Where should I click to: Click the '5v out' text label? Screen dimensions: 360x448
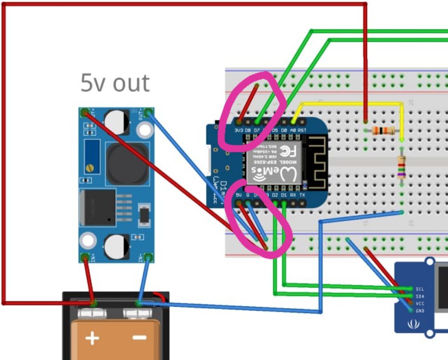[115, 83]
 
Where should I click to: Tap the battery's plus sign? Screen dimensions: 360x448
[92, 338]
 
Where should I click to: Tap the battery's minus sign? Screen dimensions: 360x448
[139, 338]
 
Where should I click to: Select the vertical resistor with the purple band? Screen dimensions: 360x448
[401, 168]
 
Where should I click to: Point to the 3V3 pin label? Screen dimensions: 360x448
[239, 130]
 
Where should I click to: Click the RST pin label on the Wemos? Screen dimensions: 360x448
[302, 130]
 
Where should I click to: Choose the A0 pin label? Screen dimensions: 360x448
[293, 130]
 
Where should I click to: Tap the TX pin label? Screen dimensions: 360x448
[302, 195]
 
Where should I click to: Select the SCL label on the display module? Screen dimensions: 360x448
[419, 289]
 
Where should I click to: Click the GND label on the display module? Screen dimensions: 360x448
[419, 311]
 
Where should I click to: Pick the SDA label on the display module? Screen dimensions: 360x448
[419, 296]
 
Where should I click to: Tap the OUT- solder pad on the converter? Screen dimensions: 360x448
[148, 113]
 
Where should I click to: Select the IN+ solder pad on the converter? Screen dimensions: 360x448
[85, 257]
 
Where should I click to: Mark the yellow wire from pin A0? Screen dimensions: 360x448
[351, 103]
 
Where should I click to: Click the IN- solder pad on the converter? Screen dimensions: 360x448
[148, 257]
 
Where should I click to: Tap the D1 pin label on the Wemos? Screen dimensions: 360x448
[284, 195]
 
